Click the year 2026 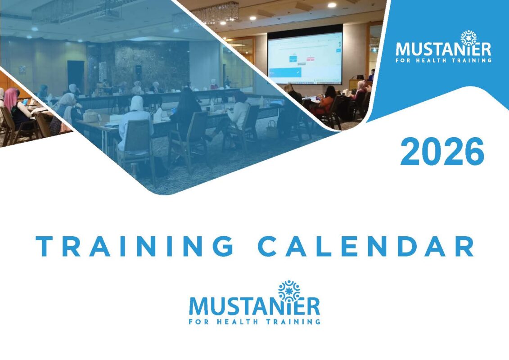point(442,151)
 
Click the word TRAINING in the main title point(135,246)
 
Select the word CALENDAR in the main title point(366,246)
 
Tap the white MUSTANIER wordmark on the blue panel point(443,49)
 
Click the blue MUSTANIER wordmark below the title point(254,306)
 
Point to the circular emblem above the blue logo point(289,291)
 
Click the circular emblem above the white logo point(468,38)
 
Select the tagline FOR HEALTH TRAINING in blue point(255,322)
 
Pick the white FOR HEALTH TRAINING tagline point(443,60)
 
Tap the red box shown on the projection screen point(311,59)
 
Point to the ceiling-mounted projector point(109,13)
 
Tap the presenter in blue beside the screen point(372,75)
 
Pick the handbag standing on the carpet point(272,129)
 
